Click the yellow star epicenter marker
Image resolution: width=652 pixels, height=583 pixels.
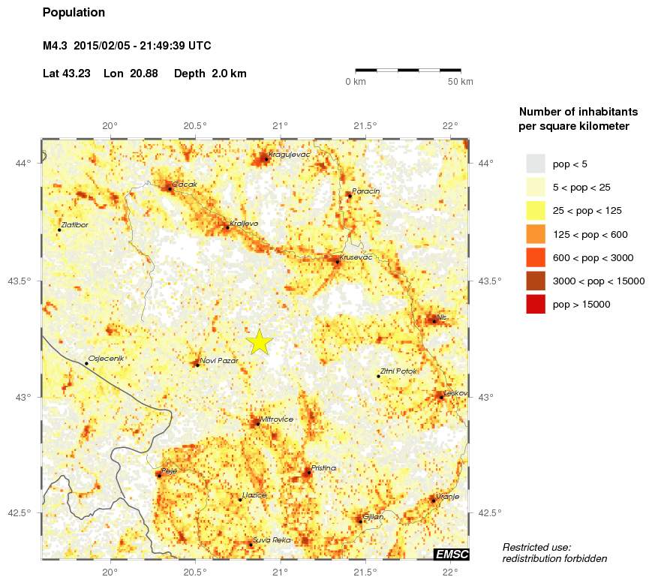coord(259,341)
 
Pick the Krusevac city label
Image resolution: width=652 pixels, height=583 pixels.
coord(356,257)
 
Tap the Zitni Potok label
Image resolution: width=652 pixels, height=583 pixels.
coord(398,371)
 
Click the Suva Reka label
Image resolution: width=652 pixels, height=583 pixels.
coord(272,539)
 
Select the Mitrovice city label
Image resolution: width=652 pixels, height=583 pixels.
coord(277,419)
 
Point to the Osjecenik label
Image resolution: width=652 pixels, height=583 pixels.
coord(106,358)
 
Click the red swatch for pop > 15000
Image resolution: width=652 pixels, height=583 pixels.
coord(536,304)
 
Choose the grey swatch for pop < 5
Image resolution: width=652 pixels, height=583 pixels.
coord(536,164)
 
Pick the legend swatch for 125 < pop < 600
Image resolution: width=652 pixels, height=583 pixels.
coord(536,234)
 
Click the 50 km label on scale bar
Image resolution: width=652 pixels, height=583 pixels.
coord(461,81)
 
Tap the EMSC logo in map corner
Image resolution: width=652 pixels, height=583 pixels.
coord(451,554)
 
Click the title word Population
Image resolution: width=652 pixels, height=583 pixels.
coord(74,13)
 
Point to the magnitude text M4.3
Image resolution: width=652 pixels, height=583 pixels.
coord(56,47)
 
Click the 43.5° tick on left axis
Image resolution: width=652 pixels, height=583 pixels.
coord(26,281)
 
